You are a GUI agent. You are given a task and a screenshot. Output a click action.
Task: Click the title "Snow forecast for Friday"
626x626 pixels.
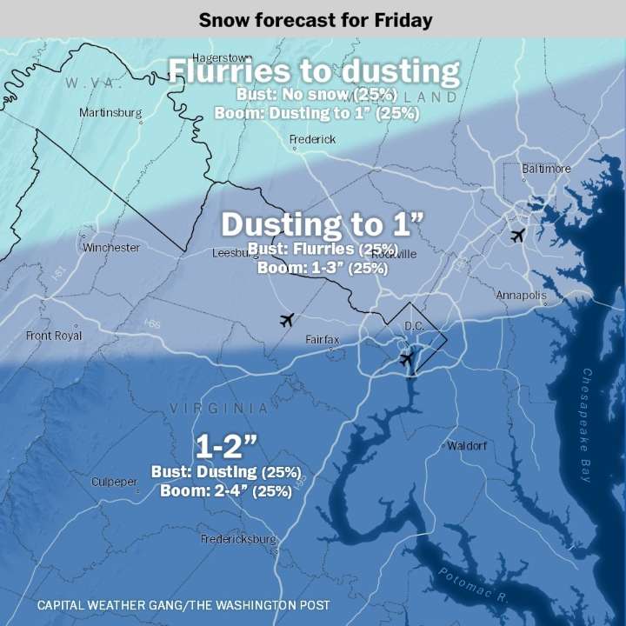(x=315, y=19)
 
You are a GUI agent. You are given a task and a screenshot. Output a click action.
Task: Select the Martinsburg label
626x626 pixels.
(x=110, y=113)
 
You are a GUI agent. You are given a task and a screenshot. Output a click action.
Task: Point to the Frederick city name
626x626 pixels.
(x=312, y=139)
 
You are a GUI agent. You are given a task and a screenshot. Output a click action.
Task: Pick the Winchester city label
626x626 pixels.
(x=110, y=248)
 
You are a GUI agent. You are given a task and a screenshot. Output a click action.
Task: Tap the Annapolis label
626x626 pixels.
(x=521, y=296)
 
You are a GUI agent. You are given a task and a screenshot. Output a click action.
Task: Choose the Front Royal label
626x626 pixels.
(x=54, y=335)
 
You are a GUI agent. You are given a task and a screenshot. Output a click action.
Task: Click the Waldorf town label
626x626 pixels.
(x=467, y=445)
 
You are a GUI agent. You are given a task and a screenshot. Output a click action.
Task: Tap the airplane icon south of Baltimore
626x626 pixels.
(x=518, y=235)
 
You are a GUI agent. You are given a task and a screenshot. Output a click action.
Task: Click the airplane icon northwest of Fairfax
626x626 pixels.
(x=287, y=320)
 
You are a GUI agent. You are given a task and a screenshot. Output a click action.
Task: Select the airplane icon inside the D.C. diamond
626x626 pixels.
(x=405, y=357)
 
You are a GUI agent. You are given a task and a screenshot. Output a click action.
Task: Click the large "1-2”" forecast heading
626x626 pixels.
(x=226, y=447)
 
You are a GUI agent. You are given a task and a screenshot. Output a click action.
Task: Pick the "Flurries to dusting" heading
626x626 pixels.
(x=313, y=71)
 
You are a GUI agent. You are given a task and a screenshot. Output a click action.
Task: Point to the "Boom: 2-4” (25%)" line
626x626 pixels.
(x=226, y=490)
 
